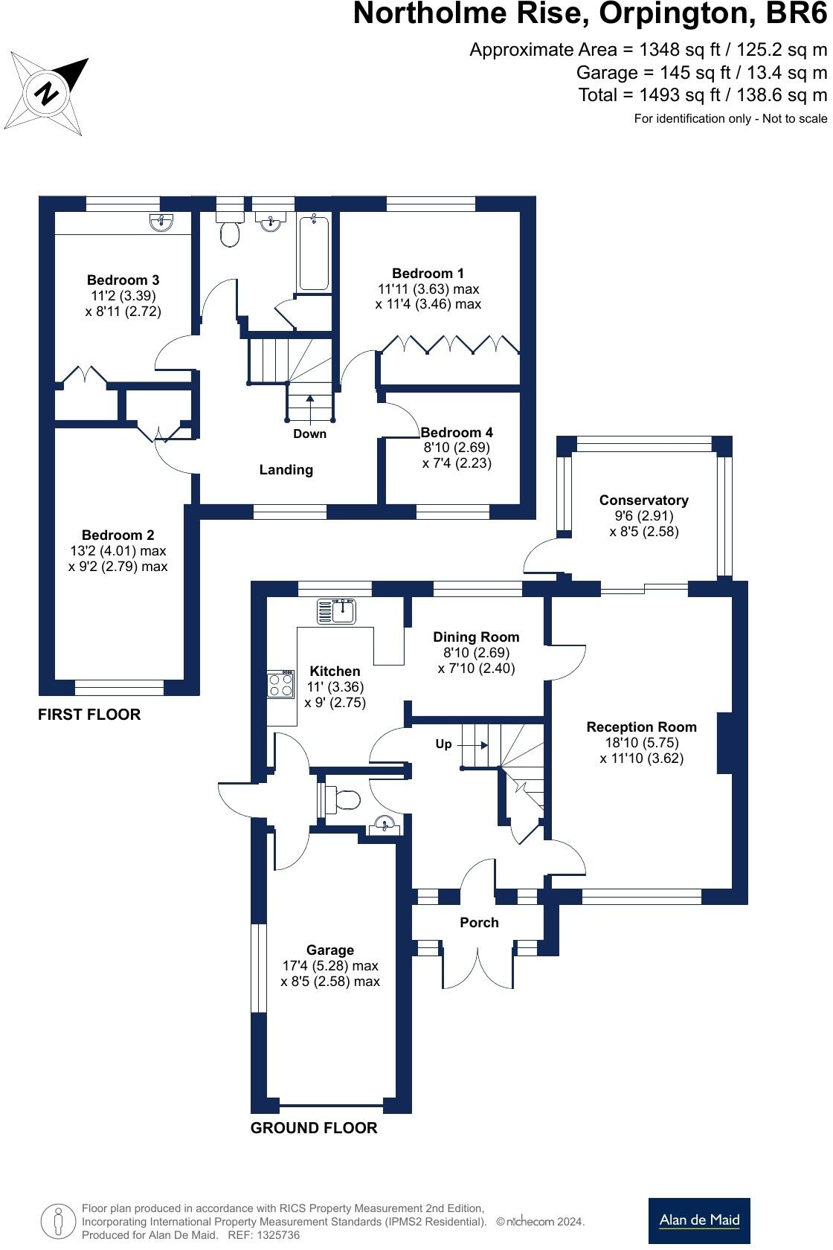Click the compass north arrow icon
click(x=48, y=94)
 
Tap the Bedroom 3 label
click(x=123, y=280)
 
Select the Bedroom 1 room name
click(x=428, y=274)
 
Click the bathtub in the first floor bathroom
click(x=314, y=252)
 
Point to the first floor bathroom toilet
click(x=231, y=232)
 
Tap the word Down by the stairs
click(x=309, y=434)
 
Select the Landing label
click(x=286, y=470)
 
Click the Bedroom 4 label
click(x=457, y=433)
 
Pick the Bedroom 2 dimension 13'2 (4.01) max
click(x=118, y=551)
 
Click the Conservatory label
click(x=643, y=500)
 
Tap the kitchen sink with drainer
click(x=337, y=611)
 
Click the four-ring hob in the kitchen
click(x=281, y=684)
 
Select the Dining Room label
click(x=476, y=637)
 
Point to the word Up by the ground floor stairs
click(x=443, y=744)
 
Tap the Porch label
click(x=479, y=923)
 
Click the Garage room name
click(x=329, y=950)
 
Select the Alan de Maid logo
click(x=699, y=1220)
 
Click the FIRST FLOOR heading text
click(x=89, y=715)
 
